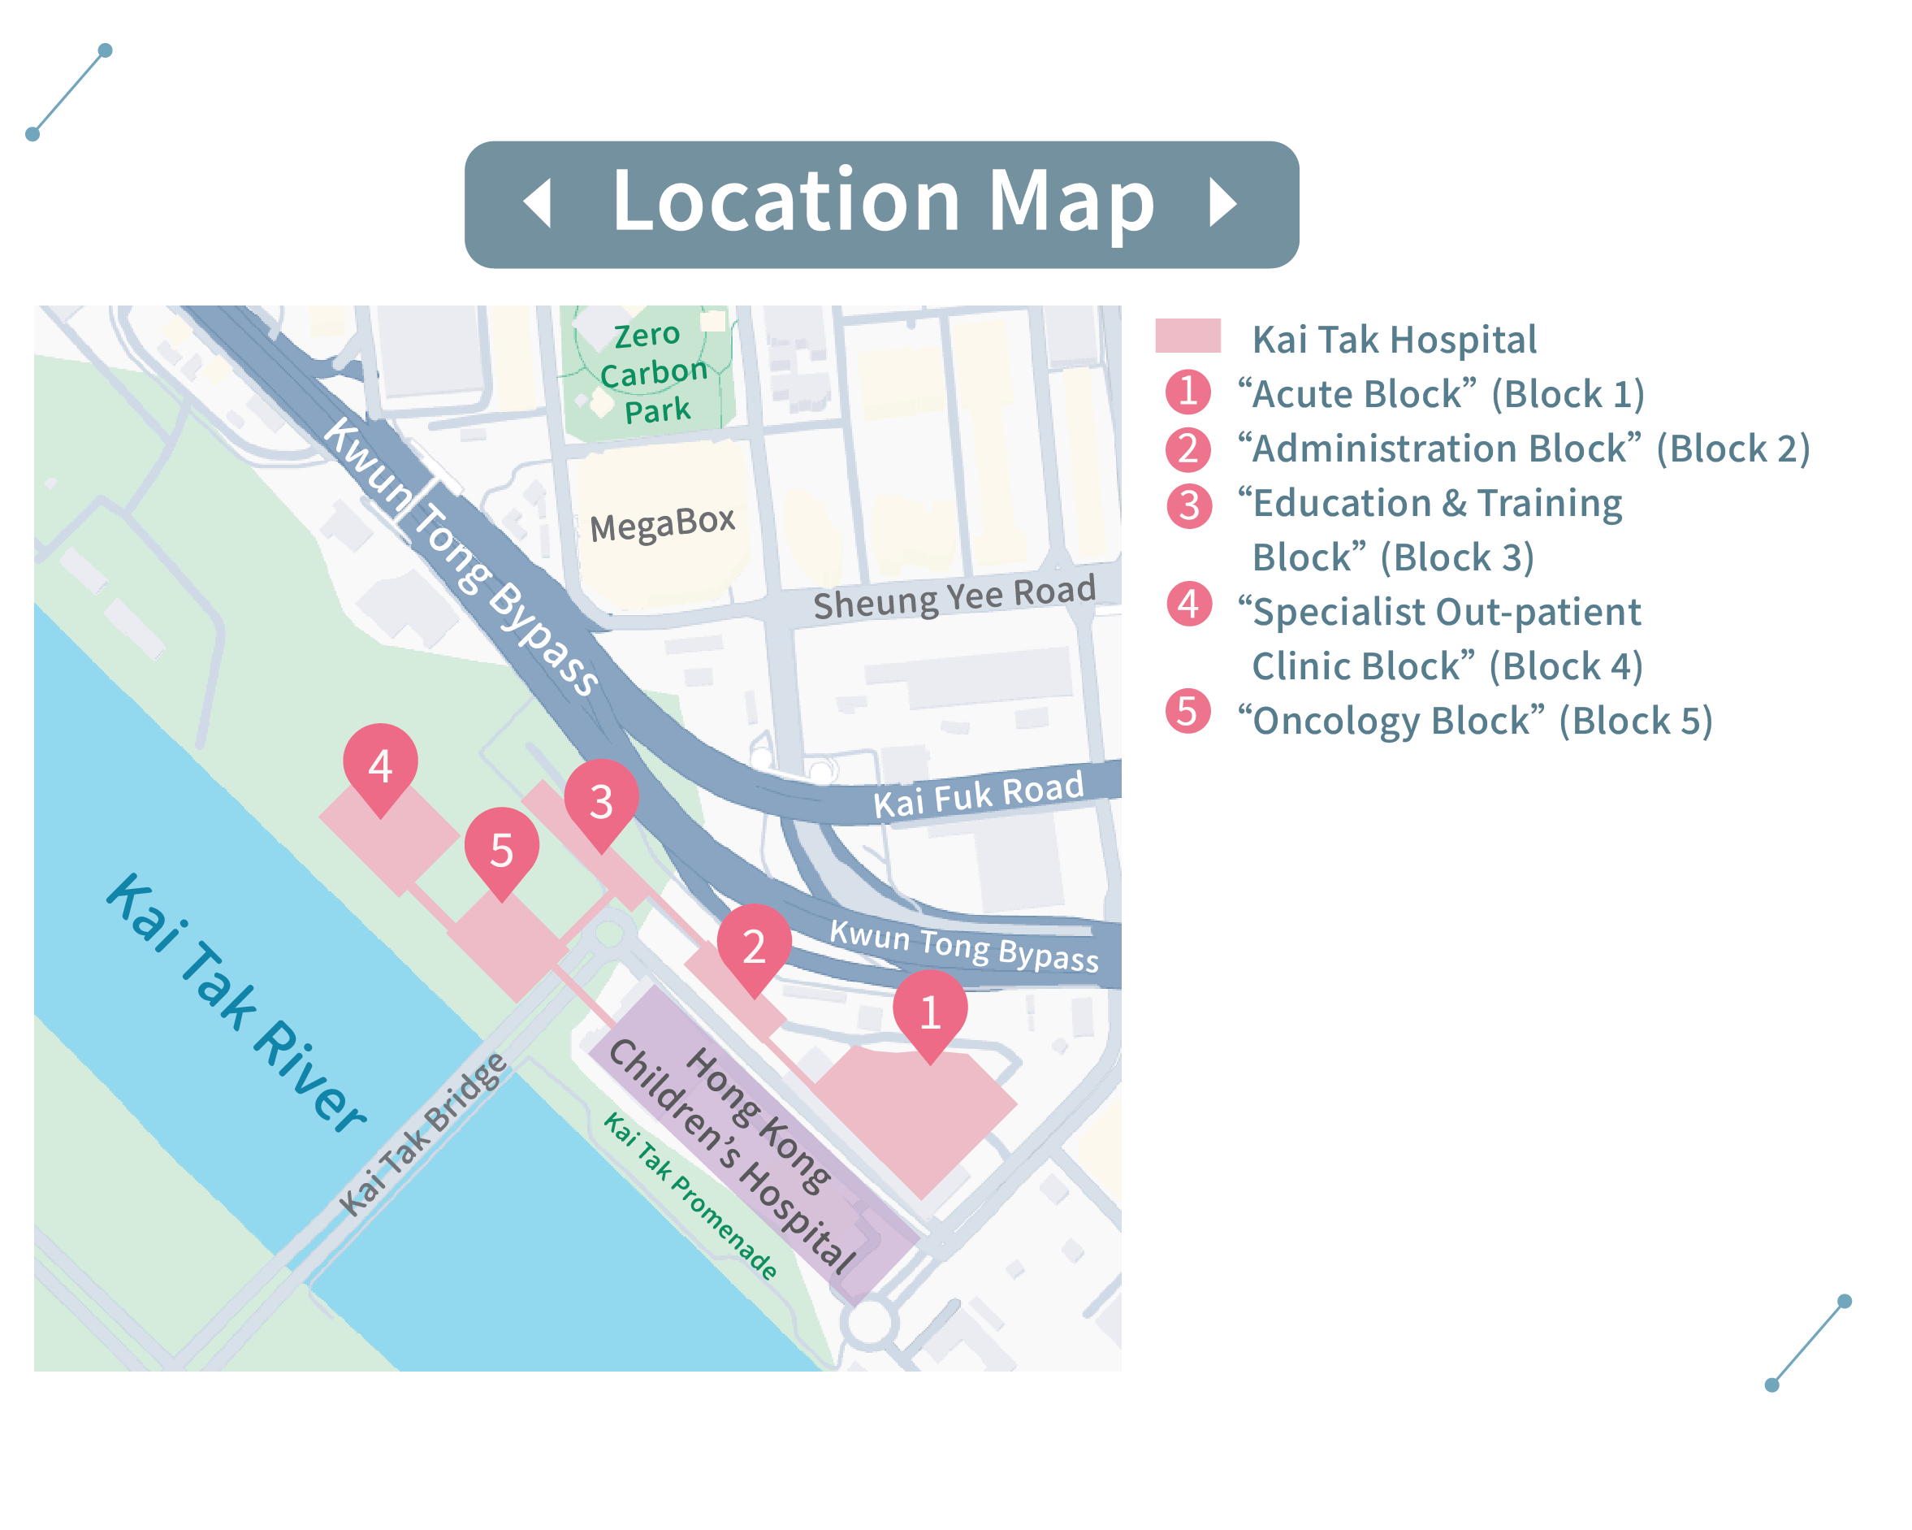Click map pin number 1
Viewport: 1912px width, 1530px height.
coord(929,1010)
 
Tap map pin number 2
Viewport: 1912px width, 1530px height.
coord(754,946)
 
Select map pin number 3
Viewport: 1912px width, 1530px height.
coord(601,800)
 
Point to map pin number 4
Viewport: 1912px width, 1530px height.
coord(380,765)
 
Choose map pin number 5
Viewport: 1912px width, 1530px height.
coord(501,849)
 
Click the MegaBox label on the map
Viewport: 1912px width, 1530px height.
coord(663,523)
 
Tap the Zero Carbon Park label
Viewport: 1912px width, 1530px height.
coord(654,372)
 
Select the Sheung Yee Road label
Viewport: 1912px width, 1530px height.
coord(954,597)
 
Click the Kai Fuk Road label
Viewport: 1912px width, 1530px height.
coord(978,793)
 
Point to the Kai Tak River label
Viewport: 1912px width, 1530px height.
coord(235,1003)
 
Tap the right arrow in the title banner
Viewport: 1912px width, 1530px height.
coord(1223,203)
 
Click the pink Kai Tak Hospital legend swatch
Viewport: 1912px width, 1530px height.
coord(1187,336)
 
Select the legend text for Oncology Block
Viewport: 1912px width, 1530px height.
coord(1474,721)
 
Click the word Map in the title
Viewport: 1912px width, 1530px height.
coord(1071,202)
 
